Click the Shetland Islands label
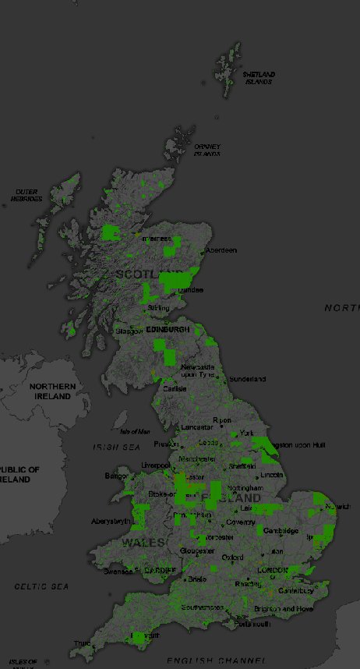[259, 78]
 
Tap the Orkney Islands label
[207, 150]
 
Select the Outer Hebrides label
[26, 195]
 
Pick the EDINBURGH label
[168, 330]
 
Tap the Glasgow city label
[129, 331]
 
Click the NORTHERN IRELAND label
[53, 391]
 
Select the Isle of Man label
[135, 431]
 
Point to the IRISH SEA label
[116, 447]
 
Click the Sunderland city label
[247, 379]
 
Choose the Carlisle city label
[174, 388]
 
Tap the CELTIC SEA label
[41, 586]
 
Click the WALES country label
[142, 542]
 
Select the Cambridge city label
[281, 531]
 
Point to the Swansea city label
[118, 572]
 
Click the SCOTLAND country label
[142, 274]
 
